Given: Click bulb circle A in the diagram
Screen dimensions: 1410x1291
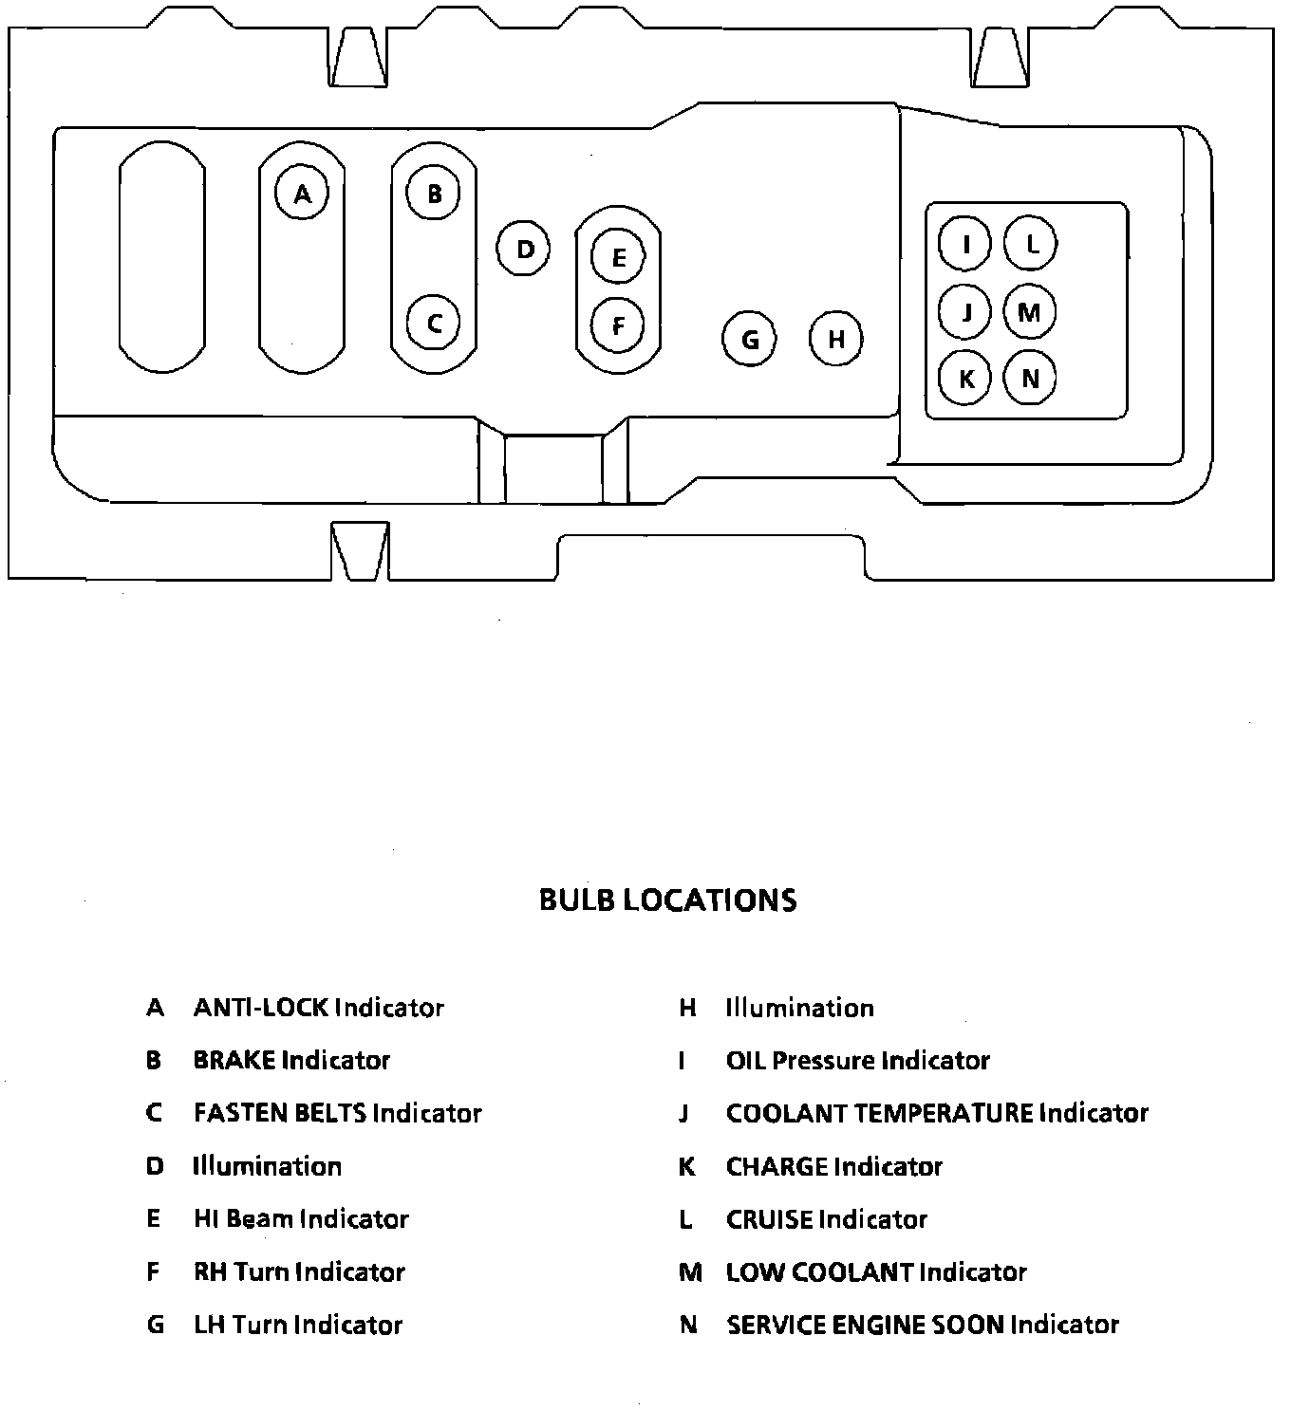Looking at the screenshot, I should click(x=302, y=194).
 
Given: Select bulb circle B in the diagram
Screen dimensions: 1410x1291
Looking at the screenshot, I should click(x=434, y=194).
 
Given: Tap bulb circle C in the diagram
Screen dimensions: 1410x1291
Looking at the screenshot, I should click(x=434, y=323).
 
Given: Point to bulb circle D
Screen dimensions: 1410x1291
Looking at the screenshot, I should click(x=524, y=249).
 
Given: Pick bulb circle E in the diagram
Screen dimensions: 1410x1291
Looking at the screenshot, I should click(x=618, y=257).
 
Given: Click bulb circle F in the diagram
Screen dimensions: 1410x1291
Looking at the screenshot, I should click(x=618, y=325).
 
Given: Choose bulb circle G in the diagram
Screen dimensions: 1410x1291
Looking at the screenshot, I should click(x=749, y=339).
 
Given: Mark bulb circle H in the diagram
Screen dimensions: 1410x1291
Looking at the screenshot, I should click(x=836, y=339).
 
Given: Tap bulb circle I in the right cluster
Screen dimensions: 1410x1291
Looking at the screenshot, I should click(x=965, y=244).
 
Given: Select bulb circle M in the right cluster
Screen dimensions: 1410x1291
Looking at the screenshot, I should click(x=1030, y=311).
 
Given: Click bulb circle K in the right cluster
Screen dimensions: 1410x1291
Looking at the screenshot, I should click(x=965, y=379).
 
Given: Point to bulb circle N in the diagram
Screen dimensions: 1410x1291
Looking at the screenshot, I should click(x=1030, y=379).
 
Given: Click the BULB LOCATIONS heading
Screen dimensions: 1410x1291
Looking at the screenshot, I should click(x=667, y=900).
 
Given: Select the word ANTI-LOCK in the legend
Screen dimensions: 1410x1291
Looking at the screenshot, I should click(x=261, y=1008).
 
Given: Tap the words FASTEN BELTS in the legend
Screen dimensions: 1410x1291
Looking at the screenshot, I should click(x=280, y=1113).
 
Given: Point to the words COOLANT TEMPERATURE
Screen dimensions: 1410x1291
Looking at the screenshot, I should click(x=879, y=1113).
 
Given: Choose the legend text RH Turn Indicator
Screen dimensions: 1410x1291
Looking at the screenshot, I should click(x=299, y=1272).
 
